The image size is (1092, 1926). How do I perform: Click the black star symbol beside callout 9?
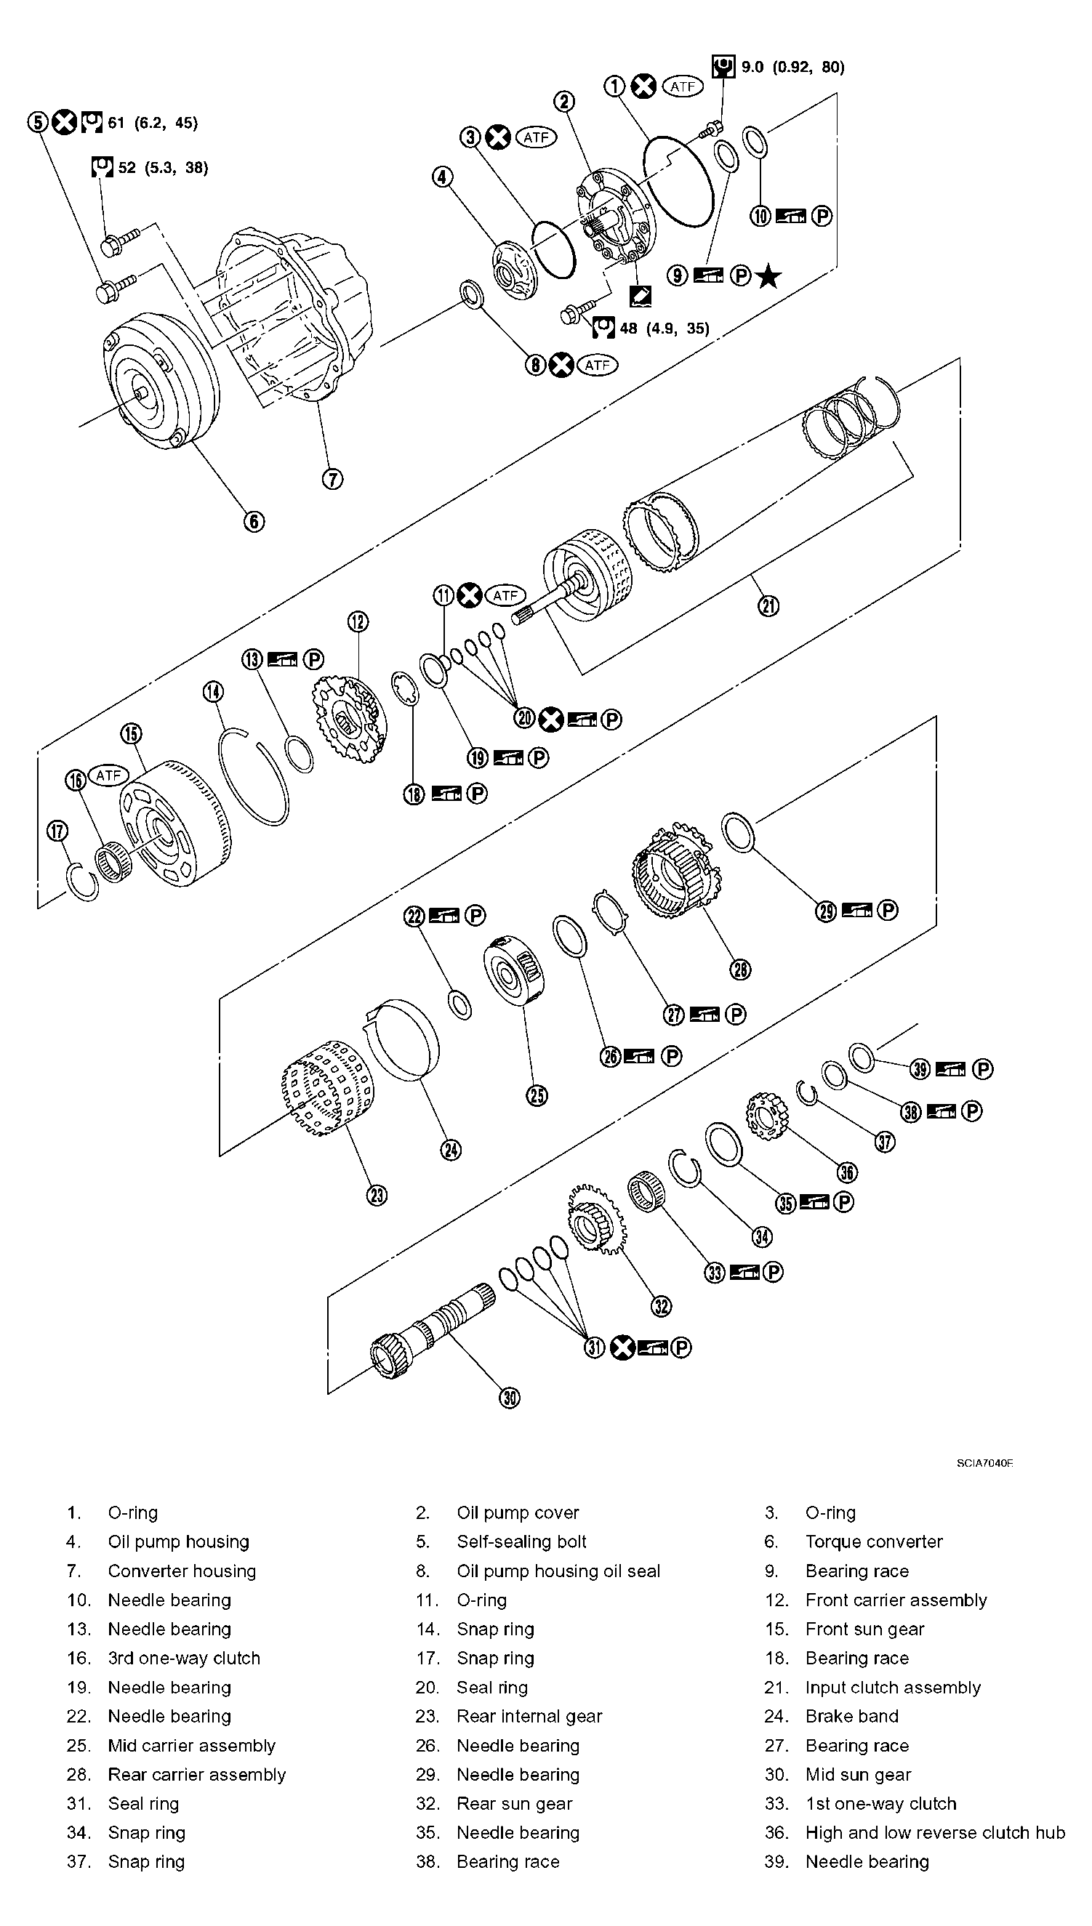point(768,277)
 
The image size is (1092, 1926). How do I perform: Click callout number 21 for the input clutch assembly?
point(768,605)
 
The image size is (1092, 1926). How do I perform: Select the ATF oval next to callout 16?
point(109,775)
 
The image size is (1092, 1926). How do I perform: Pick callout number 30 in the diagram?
point(509,1398)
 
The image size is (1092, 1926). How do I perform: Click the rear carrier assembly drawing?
point(675,869)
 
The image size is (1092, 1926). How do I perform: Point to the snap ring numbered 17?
point(82,881)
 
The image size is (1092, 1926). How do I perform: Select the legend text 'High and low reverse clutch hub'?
point(934,1832)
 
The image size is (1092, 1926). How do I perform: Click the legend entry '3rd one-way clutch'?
point(184,1658)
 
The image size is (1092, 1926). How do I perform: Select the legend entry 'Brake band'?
point(851,1716)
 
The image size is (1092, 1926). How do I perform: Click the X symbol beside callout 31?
point(622,1347)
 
